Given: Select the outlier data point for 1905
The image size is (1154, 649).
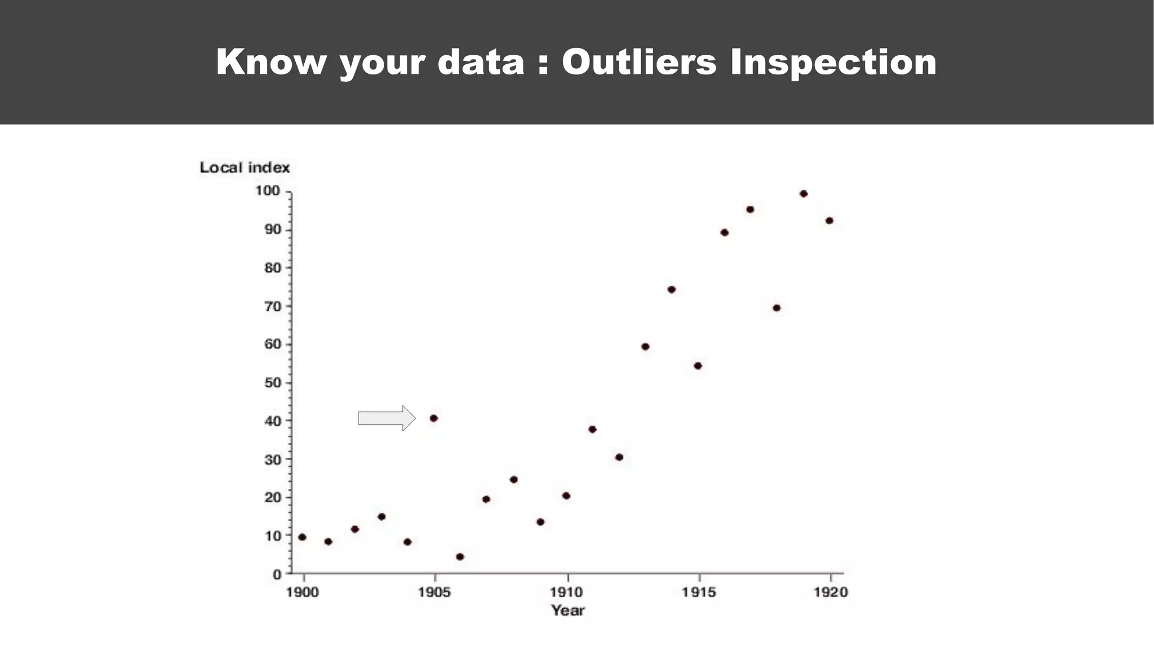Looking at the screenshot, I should (433, 418).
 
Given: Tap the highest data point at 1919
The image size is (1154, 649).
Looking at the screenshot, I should (804, 194).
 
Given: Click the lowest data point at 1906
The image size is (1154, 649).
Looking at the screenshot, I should (460, 557).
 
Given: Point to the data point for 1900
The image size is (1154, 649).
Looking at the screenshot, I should (302, 537).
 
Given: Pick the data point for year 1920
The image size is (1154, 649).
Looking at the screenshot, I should (829, 221).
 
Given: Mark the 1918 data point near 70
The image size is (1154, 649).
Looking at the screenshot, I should (776, 308).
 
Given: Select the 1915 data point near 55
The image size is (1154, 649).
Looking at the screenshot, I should (698, 366).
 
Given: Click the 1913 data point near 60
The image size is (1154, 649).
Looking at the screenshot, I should (645, 346).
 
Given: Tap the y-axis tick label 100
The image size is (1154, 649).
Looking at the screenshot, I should (268, 191).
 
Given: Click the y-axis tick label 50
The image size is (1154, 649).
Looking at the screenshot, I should (272, 383).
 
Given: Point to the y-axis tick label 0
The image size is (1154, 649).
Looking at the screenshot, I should (277, 575).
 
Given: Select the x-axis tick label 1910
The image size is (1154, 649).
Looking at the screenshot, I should (566, 592).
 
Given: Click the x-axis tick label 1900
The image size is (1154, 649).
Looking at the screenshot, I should (303, 592).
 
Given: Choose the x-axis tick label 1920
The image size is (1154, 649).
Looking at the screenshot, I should (831, 592).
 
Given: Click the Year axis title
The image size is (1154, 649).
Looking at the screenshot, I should (567, 611).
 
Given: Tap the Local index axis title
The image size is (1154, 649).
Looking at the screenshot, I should (245, 167).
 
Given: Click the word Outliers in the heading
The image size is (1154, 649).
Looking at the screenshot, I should (639, 62).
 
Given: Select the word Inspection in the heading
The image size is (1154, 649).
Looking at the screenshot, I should (833, 62).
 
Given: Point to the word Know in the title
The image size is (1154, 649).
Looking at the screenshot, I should (271, 62).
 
